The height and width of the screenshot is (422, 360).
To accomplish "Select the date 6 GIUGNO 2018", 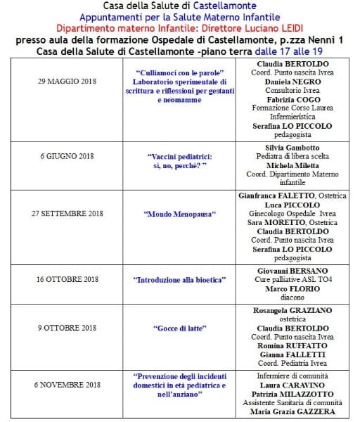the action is tap(67, 156).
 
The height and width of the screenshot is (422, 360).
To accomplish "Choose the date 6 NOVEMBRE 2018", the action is tap(68, 385).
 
